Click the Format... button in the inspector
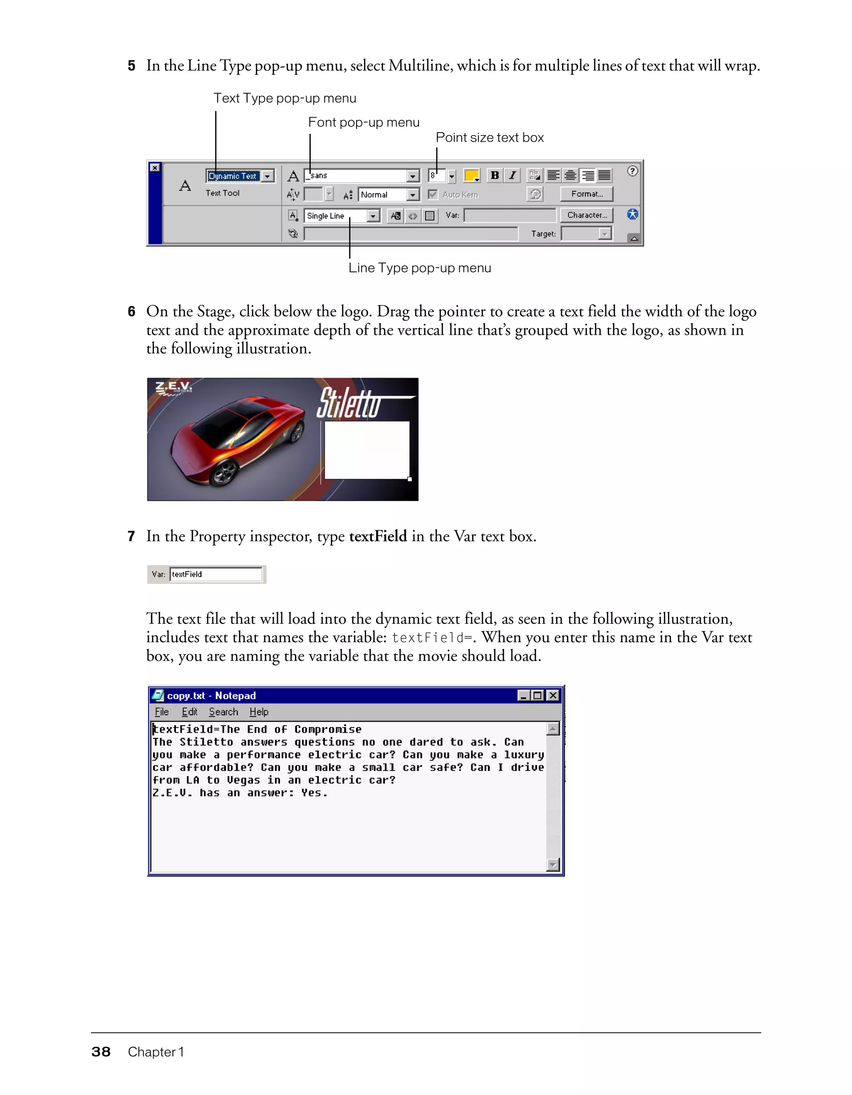point(586,194)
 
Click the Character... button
point(586,215)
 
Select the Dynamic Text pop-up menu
point(240,176)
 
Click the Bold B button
point(495,175)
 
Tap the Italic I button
point(512,175)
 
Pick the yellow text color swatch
point(471,175)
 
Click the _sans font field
point(356,175)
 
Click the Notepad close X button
point(552,695)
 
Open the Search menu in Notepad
point(223,712)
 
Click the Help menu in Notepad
point(259,712)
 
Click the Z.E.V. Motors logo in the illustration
point(173,388)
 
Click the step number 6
point(131,312)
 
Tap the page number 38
point(101,1052)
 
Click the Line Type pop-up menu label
point(420,268)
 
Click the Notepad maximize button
point(537,695)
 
